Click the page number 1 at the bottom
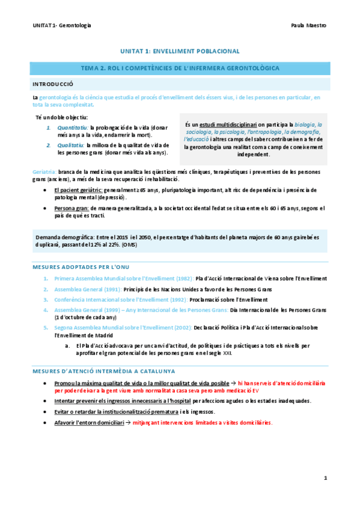[325, 478]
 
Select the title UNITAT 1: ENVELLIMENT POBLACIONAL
[180, 52]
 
